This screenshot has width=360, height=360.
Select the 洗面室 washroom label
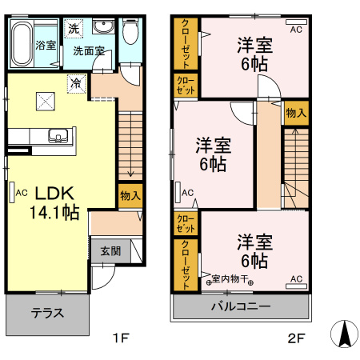tap(89, 50)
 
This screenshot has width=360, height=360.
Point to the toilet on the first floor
tap(132, 34)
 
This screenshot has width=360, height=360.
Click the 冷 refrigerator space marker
tap(76, 82)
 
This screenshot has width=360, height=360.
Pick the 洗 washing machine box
tap(74, 29)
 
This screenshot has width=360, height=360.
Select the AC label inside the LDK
tap(21, 192)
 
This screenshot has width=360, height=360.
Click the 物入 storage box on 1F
tap(130, 195)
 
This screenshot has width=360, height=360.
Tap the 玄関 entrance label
tap(110, 250)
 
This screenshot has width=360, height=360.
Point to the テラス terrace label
tap(47, 313)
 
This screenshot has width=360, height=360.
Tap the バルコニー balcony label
tap(241, 306)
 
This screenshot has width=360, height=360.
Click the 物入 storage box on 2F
tap(295, 113)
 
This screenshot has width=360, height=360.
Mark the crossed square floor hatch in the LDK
tap(45, 100)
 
